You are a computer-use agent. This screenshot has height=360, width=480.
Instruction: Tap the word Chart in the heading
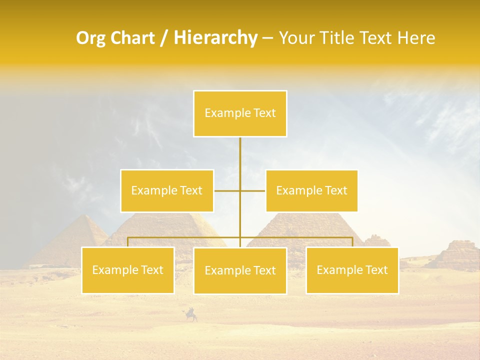point(133,38)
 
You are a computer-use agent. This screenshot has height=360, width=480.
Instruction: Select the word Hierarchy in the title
point(215,38)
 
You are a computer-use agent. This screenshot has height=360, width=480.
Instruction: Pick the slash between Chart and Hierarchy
point(164,38)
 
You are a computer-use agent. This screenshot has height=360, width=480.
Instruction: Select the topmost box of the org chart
point(240,113)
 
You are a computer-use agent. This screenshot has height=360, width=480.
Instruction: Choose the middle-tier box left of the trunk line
point(167,190)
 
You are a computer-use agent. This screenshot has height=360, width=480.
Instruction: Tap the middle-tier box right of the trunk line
point(311,190)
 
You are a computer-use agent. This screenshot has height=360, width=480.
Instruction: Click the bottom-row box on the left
point(127,270)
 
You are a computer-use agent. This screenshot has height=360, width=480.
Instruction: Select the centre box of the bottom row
point(240,270)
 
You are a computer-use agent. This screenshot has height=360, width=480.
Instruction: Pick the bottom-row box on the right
point(352,270)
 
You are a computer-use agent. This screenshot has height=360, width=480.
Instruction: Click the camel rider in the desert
point(191,314)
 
